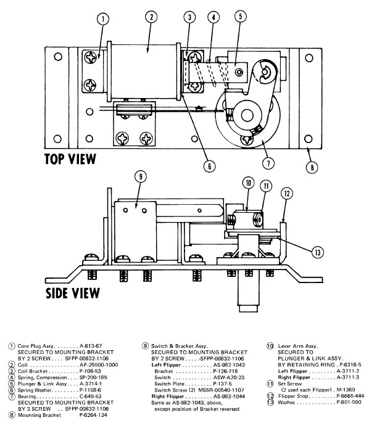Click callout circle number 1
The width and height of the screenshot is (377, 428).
(x=103, y=19)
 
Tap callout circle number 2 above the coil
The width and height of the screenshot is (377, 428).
(x=151, y=17)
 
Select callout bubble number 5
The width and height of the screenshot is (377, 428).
(x=241, y=17)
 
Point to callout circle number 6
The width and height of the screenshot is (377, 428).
(x=210, y=166)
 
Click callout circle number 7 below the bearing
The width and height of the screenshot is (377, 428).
(x=268, y=163)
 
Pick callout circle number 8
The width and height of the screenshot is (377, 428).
(x=312, y=167)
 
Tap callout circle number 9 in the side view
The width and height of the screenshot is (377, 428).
(x=141, y=176)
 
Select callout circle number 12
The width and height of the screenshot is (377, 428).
(x=287, y=194)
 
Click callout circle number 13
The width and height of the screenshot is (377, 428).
(x=317, y=252)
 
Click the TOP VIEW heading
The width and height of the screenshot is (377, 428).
(x=70, y=159)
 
